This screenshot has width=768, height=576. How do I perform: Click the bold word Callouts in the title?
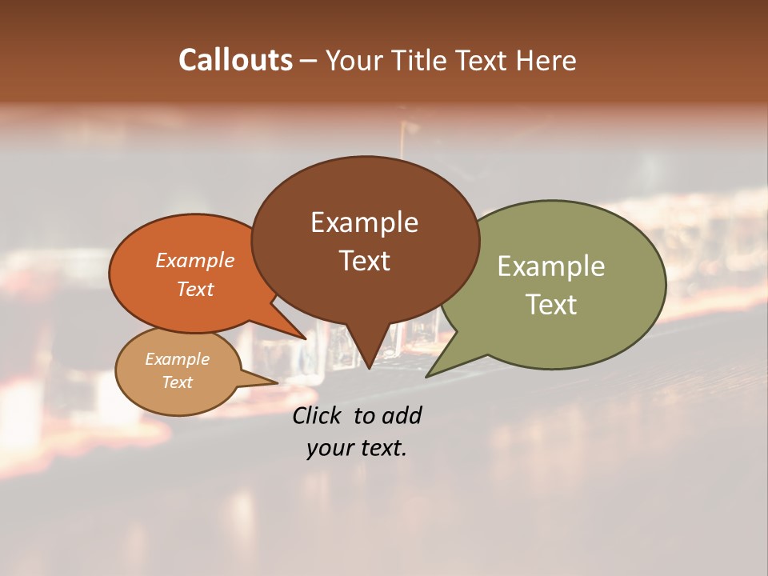pos(235,60)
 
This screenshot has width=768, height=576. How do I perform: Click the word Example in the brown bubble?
pos(364,222)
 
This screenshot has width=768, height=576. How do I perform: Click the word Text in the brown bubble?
pos(364,261)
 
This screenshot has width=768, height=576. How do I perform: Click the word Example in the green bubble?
pos(551,266)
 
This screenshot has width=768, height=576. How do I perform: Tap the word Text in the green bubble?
pos(551,305)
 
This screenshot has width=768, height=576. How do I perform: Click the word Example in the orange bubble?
pos(195,260)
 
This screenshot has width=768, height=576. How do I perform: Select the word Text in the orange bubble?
pos(195,289)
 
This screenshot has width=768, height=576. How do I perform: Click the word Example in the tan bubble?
pos(178,359)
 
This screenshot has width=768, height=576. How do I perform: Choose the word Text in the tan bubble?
pos(178,382)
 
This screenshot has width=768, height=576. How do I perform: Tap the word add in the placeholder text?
pos(402,415)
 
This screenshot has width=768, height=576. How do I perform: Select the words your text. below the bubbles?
pos(357,448)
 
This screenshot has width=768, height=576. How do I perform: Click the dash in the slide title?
pos(309,61)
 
